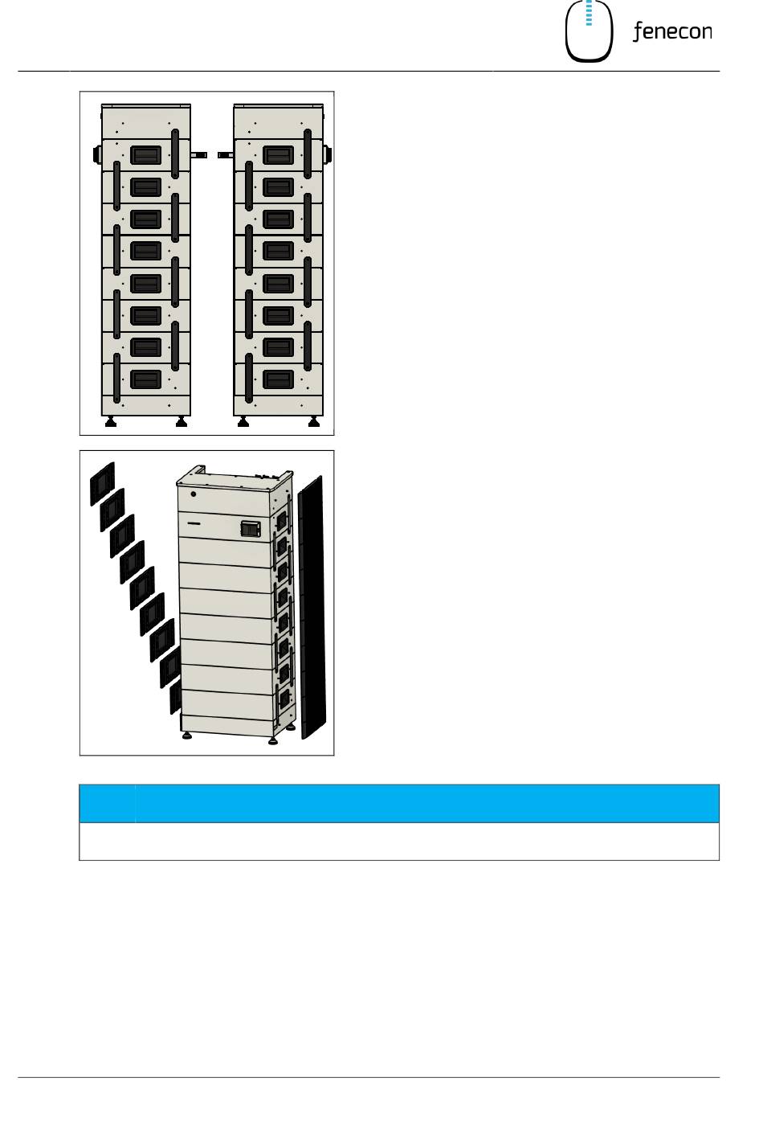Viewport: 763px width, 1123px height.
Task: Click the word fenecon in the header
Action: point(672,32)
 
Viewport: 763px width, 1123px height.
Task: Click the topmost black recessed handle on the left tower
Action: point(145,155)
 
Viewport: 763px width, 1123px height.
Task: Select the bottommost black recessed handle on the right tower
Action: point(279,379)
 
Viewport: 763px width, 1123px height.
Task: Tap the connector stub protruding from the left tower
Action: point(199,154)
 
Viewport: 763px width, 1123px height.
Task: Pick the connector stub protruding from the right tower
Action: point(225,154)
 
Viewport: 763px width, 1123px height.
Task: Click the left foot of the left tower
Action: point(110,422)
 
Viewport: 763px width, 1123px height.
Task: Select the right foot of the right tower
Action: point(312,422)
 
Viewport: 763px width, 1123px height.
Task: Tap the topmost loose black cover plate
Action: point(103,483)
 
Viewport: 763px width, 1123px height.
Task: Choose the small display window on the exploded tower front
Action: point(251,528)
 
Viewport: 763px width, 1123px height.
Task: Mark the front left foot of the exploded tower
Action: point(187,733)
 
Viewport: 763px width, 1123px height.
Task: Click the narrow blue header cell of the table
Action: point(107,803)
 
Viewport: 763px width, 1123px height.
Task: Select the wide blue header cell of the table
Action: point(426,803)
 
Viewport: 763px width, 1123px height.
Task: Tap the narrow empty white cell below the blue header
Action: point(107,841)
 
